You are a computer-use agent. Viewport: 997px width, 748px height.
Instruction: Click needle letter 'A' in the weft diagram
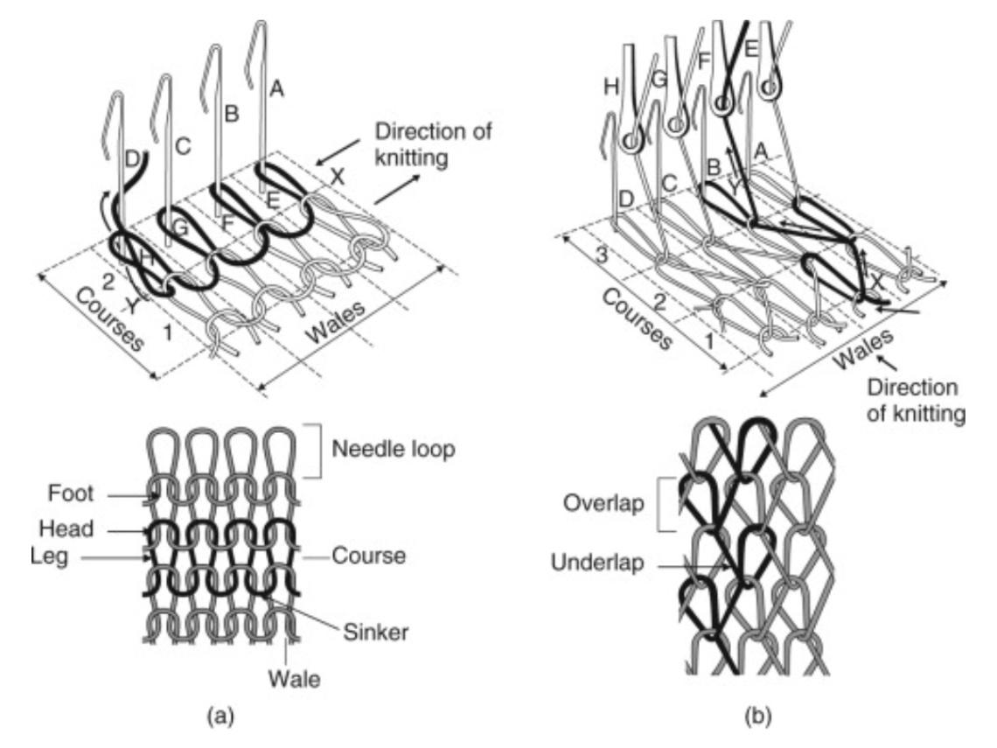[x=278, y=87]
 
